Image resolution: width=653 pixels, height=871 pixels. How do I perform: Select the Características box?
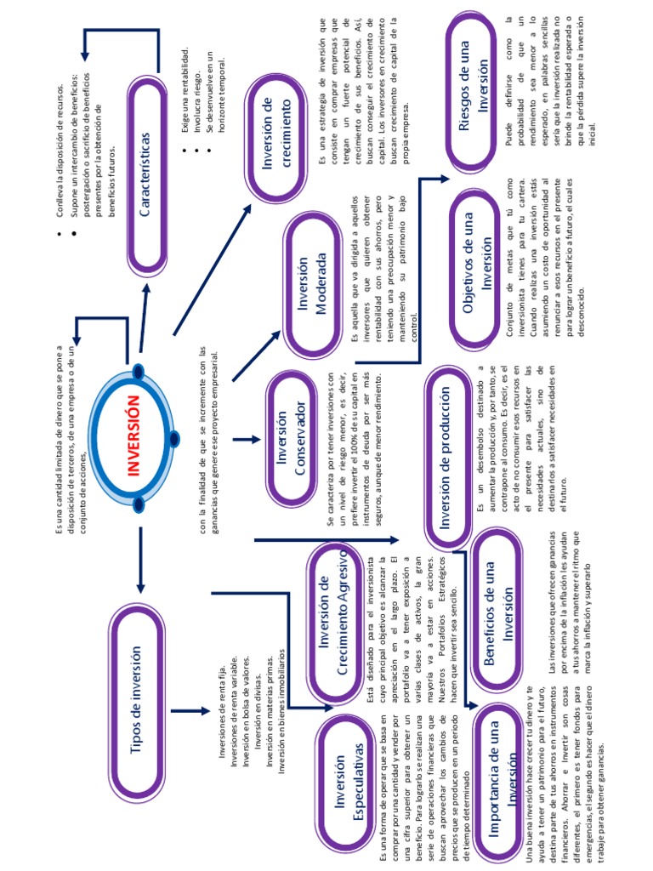click(x=145, y=170)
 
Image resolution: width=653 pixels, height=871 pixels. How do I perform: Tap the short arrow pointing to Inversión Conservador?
click(x=247, y=440)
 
